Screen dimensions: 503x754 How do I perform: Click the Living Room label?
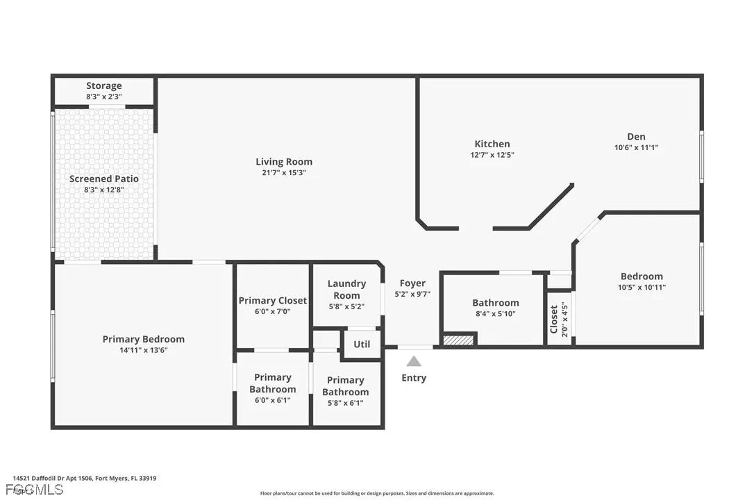click(284, 162)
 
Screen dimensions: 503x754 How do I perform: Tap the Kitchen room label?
click(492, 145)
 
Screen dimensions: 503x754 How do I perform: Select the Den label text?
click(635, 137)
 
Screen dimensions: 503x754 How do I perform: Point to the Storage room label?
click(104, 86)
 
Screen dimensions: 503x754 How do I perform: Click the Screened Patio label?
click(104, 179)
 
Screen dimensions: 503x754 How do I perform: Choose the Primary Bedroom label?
click(144, 339)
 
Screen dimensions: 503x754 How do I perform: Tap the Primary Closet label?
click(273, 301)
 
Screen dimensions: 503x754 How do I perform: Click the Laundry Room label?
click(346, 289)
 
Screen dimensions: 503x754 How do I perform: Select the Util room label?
click(362, 345)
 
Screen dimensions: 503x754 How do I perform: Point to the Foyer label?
click(412, 283)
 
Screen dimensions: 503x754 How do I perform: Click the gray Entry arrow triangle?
click(414, 361)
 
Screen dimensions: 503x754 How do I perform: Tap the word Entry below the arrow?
click(414, 378)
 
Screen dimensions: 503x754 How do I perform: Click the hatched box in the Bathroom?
click(459, 340)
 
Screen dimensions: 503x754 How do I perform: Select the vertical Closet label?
click(554, 319)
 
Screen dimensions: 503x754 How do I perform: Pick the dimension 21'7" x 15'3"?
click(284, 172)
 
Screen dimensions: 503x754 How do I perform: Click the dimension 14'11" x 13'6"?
click(144, 350)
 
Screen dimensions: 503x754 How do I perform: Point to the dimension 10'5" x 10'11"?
click(642, 287)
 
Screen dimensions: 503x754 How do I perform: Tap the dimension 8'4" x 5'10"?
click(496, 313)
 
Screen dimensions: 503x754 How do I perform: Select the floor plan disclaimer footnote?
click(377, 493)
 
